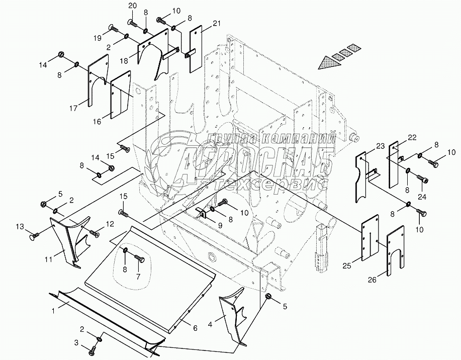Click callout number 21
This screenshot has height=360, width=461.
(x=217, y=24)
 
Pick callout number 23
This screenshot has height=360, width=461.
(x=380, y=146)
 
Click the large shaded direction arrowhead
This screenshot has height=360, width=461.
(x=327, y=62)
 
